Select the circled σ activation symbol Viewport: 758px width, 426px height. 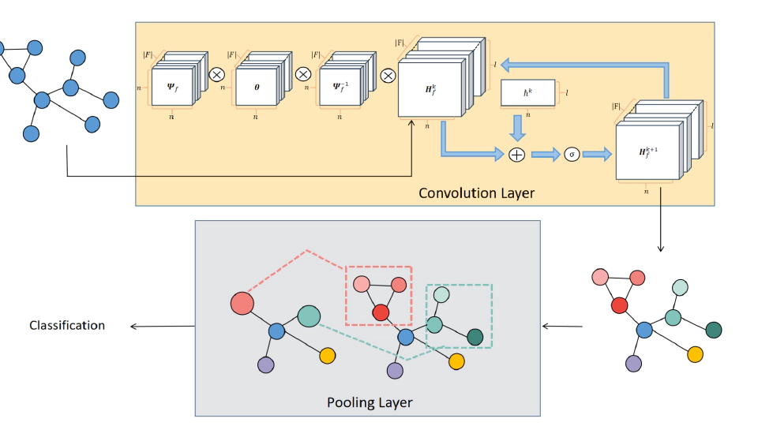click(572, 155)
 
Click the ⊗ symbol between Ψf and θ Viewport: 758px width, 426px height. click(216, 76)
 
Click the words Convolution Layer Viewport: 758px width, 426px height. click(476, 193)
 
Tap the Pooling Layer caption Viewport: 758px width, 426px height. click(370, 402)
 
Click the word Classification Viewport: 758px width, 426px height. click(67, 325)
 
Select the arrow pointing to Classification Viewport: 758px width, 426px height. click(162, 326)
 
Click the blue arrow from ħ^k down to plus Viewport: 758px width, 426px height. click(517, 125)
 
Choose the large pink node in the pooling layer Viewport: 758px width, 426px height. click(242, 302)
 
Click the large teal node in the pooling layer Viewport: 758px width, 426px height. click(309, 316)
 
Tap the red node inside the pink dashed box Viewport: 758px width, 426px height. click(381, 313)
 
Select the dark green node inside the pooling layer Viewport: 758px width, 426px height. click(475, 337)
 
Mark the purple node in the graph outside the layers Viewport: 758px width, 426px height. click(633, 363)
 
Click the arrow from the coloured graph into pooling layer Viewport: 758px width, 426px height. click(562, 325)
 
